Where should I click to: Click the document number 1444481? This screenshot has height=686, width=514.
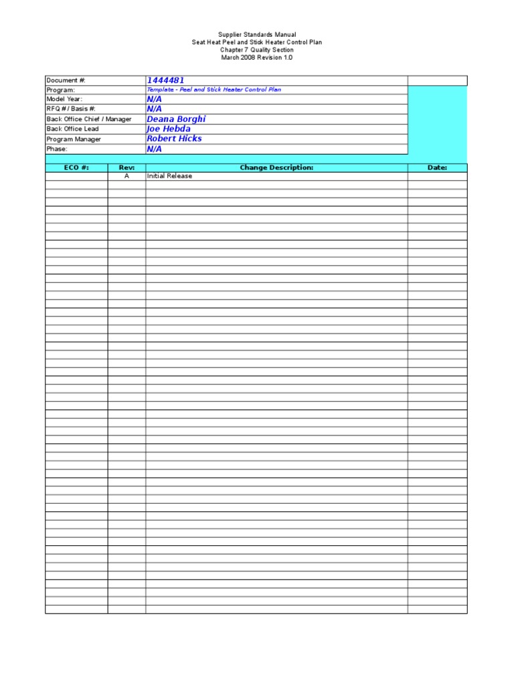click(x=165, y=80)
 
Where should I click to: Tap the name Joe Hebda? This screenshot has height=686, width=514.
click(x=169, y=129)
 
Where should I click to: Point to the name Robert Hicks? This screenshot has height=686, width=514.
click(x=174, y=139)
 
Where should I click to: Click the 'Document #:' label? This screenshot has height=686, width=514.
click(x=66, y=80)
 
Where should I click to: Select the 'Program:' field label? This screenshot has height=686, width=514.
click(x=61, y=90)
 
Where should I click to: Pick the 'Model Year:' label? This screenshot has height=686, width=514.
click(x=64, y=99)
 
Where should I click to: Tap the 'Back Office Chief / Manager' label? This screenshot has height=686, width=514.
click(x=89, y=119)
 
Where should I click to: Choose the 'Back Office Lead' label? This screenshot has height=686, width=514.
click(x=72, y=129)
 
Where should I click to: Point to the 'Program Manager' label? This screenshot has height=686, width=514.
click(x=74, y=139)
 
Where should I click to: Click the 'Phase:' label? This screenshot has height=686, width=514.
click(x=57, y=149)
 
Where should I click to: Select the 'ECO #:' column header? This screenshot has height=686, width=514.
click(x=76, y=167)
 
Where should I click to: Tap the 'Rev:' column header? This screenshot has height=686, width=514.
click(x=126, y=167)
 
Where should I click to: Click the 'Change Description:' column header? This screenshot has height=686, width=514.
click(x=276, y=167)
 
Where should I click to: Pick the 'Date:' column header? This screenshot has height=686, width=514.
click(x=437, y=167)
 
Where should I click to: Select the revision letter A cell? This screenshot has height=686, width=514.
click(x=126, y=176)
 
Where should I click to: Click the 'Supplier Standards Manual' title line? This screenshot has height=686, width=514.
click(x=257, y=34)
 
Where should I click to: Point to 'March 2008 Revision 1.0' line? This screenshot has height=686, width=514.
click(x=257, y=58)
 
